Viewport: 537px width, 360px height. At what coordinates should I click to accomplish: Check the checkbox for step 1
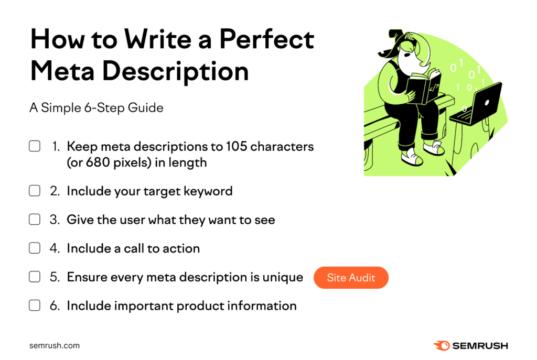[35, 147]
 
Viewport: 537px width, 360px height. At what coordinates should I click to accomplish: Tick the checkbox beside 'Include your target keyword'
[35, 191]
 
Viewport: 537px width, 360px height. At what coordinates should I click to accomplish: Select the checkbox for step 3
[35, 220]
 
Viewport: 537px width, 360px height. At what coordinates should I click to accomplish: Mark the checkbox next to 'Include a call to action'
[35, 248]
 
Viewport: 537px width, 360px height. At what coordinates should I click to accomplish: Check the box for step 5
[35, 277]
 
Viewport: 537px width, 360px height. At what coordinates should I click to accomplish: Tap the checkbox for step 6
[35, 305]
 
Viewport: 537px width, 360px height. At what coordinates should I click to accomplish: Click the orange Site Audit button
[351, 278]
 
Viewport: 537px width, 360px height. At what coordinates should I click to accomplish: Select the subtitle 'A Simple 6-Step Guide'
[96, 108]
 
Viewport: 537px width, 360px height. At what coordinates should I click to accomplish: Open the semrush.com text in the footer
[55, 345]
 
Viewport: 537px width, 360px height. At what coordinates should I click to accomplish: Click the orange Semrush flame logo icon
[440, 345]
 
